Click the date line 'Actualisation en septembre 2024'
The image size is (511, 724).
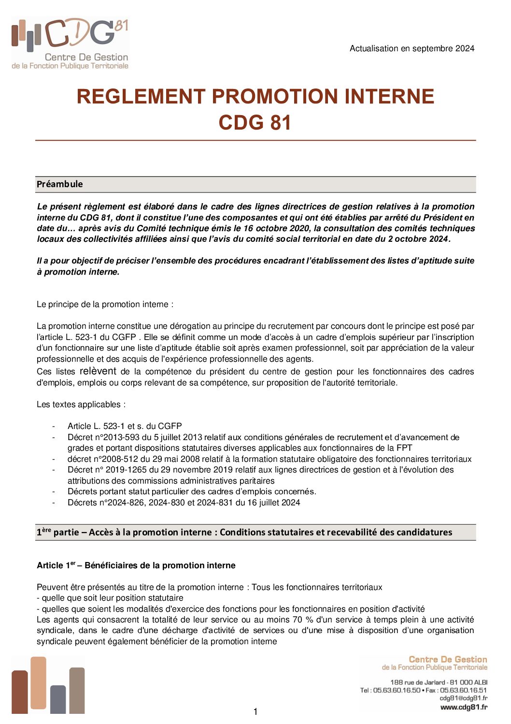pos(412,48)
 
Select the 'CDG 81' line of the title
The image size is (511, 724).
pos(255,122)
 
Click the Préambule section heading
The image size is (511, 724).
pos(60,184)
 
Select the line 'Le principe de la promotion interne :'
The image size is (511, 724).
pos(105,304)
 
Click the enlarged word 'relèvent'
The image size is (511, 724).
pos(98,371)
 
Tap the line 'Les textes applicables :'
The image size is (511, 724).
pos(81,404)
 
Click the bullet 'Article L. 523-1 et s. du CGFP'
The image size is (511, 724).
pos(125,426)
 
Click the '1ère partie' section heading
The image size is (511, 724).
pos(244,532)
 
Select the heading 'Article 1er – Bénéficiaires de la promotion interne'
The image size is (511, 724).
pos(136,565)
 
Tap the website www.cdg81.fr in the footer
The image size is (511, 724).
pos(464,707)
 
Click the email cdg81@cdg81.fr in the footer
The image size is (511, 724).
pos(463,698)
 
